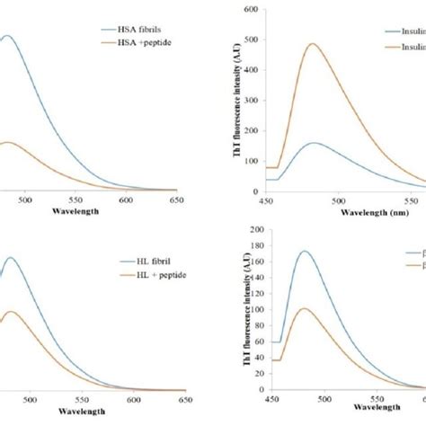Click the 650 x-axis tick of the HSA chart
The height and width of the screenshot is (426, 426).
pos(183,200)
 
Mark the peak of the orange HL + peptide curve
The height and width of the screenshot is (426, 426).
pos(10,311)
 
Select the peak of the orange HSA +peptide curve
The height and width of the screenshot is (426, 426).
pos(7,142)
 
